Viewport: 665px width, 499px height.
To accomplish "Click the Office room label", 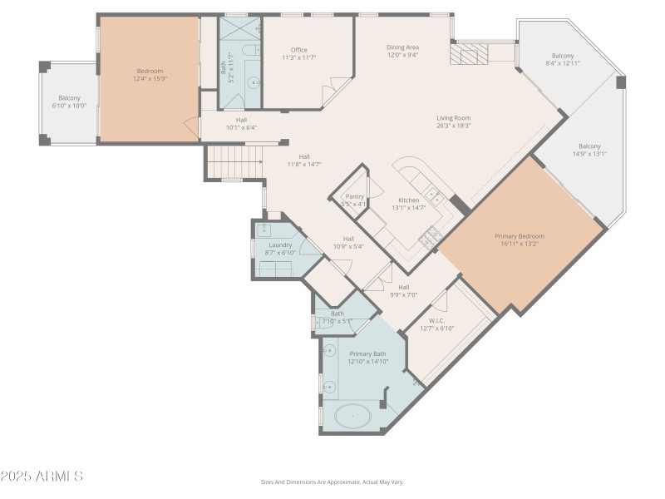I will [x=298, y=50].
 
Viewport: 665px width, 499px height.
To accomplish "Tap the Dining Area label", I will [x=402, y=47].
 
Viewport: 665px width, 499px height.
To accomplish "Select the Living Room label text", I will [x=454, y=117].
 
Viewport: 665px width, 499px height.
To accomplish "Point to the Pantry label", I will [x=355, y=196].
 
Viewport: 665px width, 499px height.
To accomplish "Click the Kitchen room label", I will [x=408, y=200].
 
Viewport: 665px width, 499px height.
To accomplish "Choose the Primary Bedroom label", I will [x=520, y=236].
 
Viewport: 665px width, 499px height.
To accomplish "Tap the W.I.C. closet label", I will [x=437, y=320].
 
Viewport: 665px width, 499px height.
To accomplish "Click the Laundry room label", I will [x=279, y=245].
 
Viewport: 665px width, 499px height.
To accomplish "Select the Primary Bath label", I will [x=367, y=353].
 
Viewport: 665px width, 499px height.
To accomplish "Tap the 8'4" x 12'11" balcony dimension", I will [x=563, y=63].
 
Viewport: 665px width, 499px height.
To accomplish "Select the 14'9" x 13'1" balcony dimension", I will [x=589, y=153].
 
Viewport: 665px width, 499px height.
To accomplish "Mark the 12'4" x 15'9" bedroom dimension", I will [x=150, y=79].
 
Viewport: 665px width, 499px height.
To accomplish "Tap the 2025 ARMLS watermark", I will [x=42, y=477].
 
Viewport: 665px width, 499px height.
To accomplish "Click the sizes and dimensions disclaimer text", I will [x=332, y=482].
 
